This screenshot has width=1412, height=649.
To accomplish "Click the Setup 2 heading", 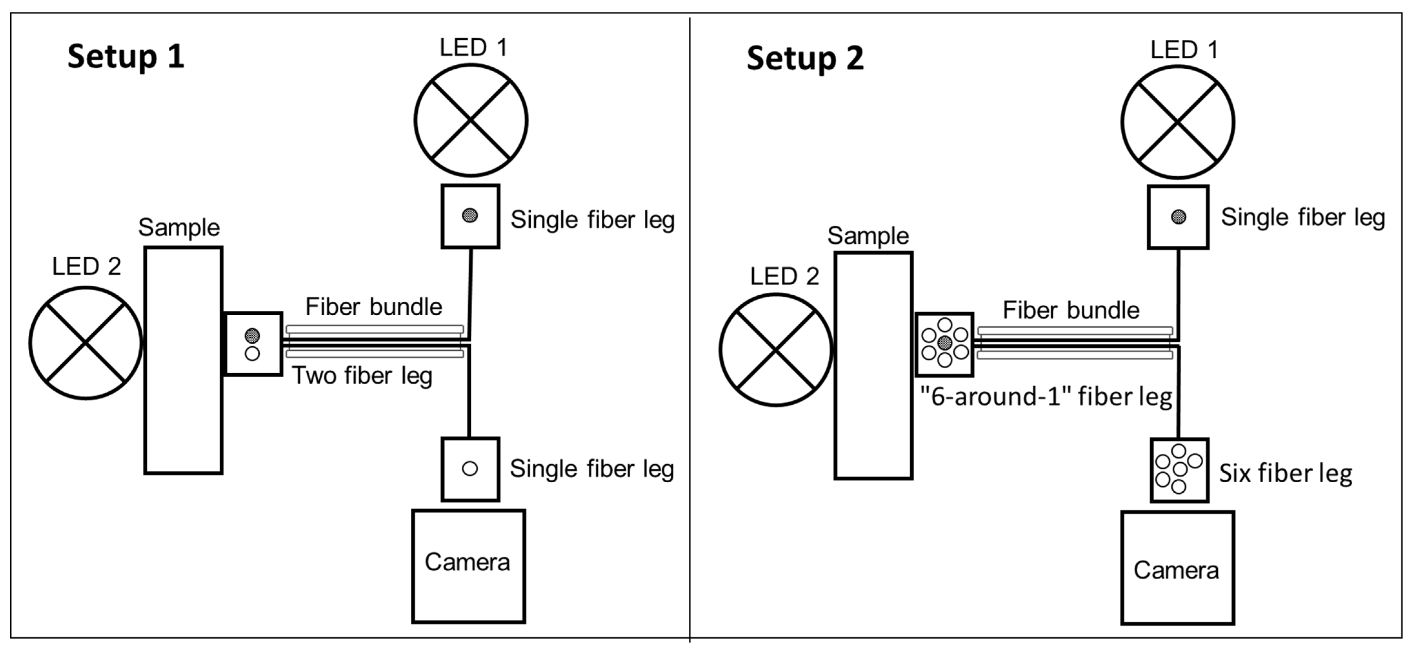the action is pyautogui.click(x=805, y=59).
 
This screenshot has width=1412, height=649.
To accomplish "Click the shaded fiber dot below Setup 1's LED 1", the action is pyautogui.click(x=470, y=215).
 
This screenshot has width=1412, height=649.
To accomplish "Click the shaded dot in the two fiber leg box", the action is pyautogui.click(x=252, y=335).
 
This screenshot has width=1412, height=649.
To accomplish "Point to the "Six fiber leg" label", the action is pyautogui.click(x=1285, y=474).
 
